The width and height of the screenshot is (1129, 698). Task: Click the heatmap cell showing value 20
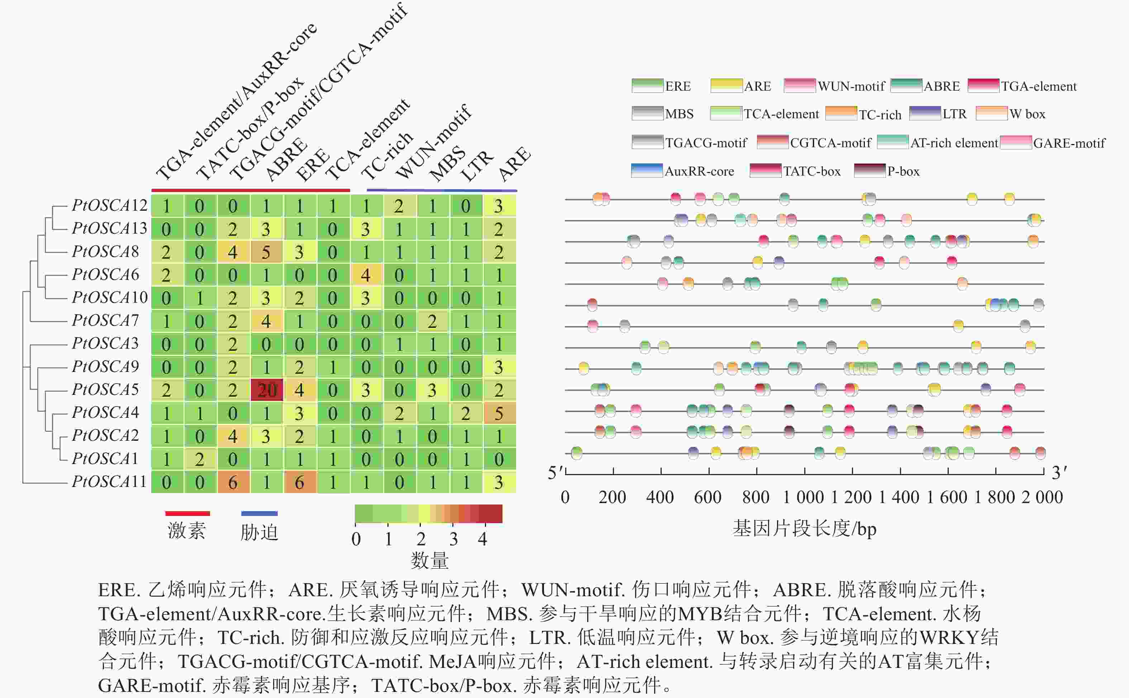pyautogui.click(x=266, y=390)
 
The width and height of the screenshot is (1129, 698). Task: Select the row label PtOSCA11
pyautogui.click(x=109, y=482)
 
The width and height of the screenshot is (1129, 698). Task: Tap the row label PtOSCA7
pyautogui.click(x=105, y=320)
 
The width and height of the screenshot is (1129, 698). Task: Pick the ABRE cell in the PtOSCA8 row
pyautogui.click(x=266, y=252)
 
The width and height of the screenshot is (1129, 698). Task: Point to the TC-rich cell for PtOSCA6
pyautogui.click(x=366, y=275)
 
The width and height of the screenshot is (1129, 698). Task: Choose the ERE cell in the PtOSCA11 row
pyautogui.click(x=300, y=482)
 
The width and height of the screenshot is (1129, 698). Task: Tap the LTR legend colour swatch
pyautogui.click(x=924, y=114)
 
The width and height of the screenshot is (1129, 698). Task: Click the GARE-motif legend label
pyautogui.click(x=1069, y=143)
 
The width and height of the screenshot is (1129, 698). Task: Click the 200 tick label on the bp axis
pyautogui.click(x=612, y=497)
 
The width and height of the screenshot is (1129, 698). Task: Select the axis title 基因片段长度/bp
pyautogui.click(x=804, y=528)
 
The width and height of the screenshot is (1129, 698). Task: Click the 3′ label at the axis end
pyautogui.click(x=1059, y=472)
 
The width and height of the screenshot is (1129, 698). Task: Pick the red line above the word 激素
pyautogui.click(x=187, y=513)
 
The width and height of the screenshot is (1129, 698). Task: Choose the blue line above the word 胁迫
pyautogui.click(x=259, y=513)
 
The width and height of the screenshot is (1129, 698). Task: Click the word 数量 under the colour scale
pyautogui.click(x=429, y=560)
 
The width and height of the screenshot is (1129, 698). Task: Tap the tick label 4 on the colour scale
pyautogui.click(x=482, y=539)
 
